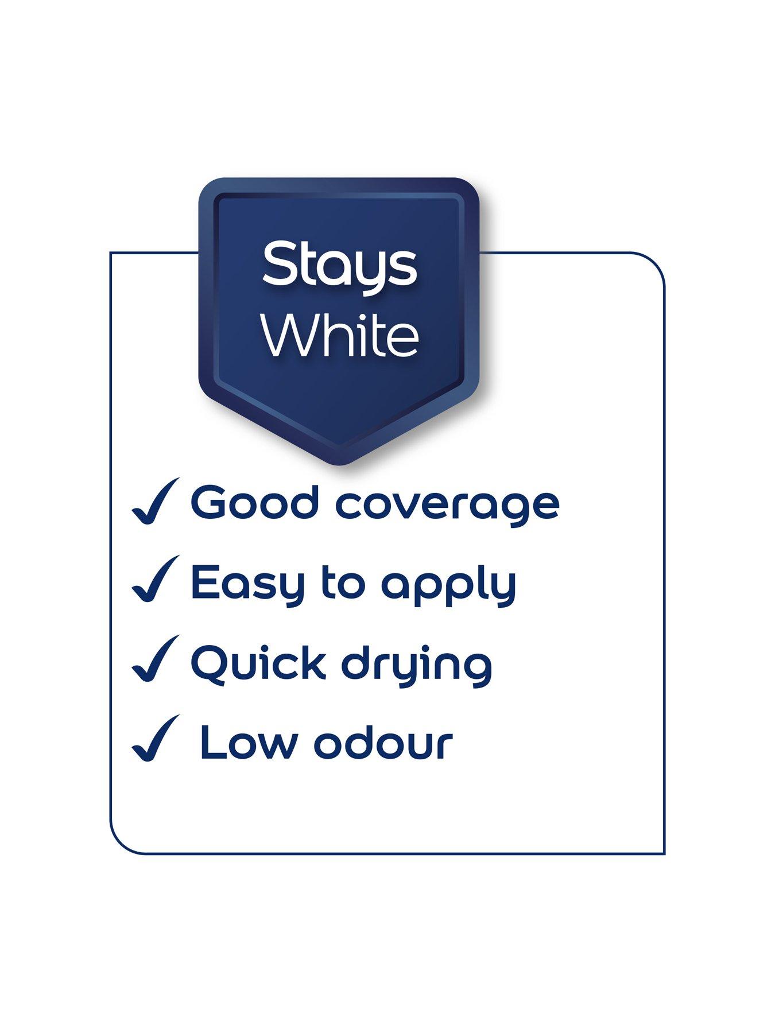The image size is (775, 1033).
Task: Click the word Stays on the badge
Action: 339,265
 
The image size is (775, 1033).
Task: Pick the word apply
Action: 449,585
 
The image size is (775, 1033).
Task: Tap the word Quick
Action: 258,664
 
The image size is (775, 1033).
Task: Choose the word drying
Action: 417,666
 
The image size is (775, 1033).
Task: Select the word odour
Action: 383,743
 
